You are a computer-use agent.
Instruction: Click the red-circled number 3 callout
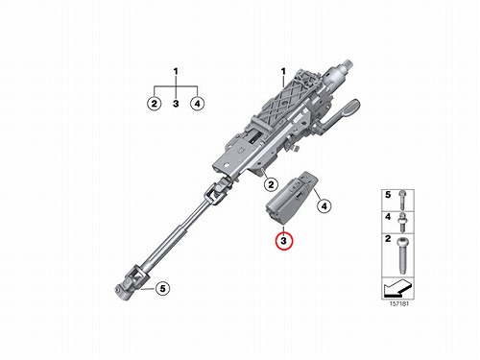click(x=283, y=240)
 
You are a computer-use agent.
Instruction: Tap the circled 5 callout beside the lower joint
click(x=163, y=289)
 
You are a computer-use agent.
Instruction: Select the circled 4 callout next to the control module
click(x=324, y=206)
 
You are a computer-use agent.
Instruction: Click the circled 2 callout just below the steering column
click(x=271, y=184)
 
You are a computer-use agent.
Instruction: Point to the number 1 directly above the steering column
click(x=283, y=71)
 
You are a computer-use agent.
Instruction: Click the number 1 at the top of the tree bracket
click(x=176, y=71)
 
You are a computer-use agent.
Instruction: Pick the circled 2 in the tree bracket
click(x=155, y=104)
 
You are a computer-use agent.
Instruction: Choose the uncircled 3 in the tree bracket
click(x=176, y=104)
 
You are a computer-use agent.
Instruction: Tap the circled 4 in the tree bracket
click(x=197, y=104)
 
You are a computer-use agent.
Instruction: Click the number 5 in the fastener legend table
click(x=388, y=195)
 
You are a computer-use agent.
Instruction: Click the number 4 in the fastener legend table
click(x=388, y=217)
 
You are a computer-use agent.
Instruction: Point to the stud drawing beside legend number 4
click(x=402, y=222)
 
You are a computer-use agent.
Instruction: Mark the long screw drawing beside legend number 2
click(x=402, y=255)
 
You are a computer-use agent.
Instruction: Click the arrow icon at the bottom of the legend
click(x=397, y=287)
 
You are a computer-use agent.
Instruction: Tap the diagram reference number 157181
click(x=399, y=304)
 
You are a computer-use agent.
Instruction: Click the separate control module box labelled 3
click(x=291, y=200)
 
